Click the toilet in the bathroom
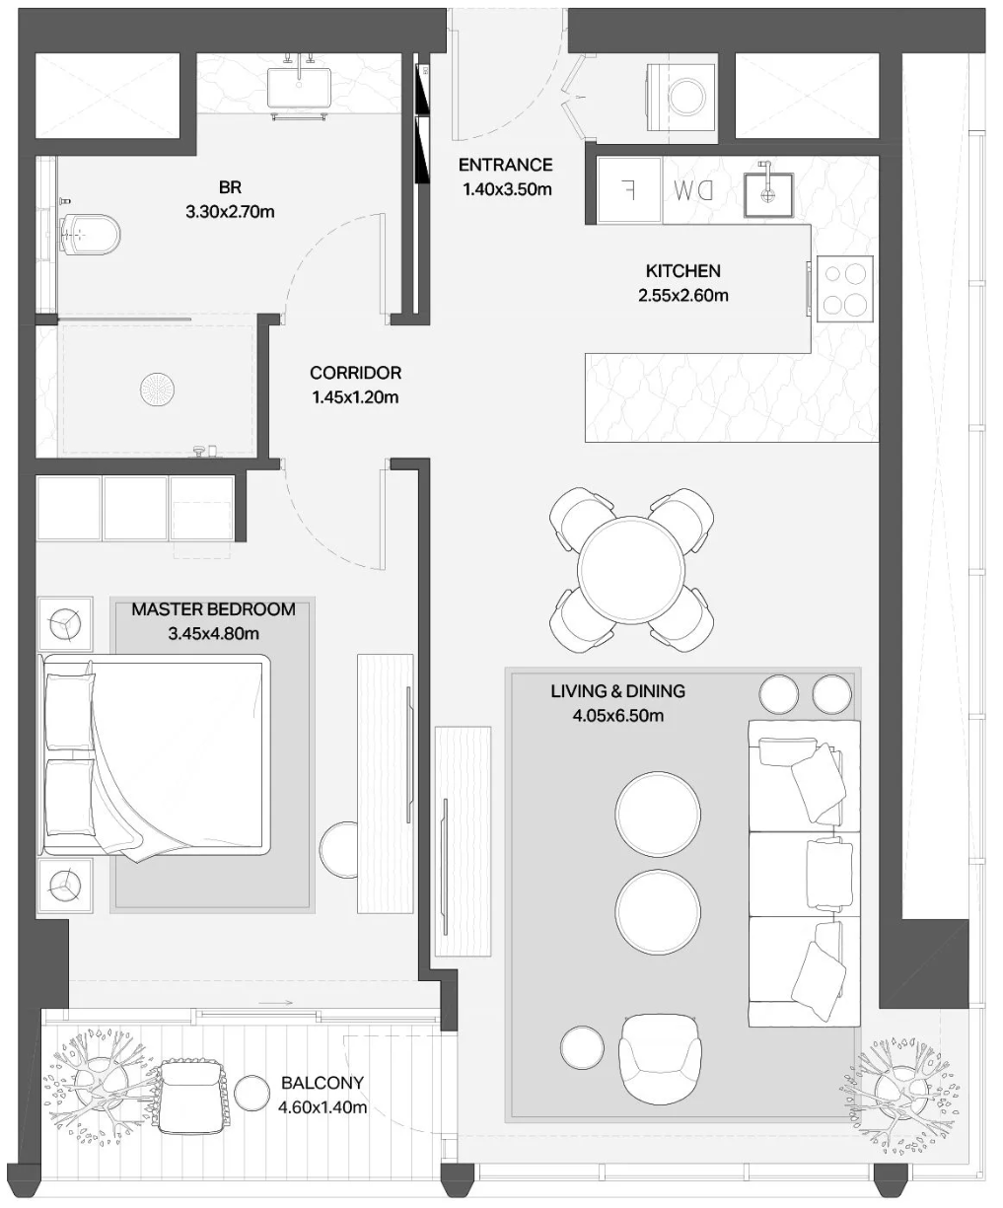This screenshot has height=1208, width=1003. tap(90, 235)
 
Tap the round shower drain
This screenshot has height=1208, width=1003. tap(158, 389)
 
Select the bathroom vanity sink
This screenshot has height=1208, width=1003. tap(299, 88)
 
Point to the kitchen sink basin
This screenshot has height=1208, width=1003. tap(768, 194)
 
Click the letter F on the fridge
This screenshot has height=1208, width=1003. tap(627, 189)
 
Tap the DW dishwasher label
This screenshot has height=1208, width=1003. tap(693, 190)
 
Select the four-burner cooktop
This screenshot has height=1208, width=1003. tap(844, 289)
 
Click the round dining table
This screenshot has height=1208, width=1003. tap(631, 570)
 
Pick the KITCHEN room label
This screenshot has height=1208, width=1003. tap(682, 271)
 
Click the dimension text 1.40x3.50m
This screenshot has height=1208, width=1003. tap(507, 189)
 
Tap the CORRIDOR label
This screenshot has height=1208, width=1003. tap(355, 373)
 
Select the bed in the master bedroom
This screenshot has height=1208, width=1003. tap(155, 757)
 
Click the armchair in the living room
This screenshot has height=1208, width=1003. tap(660, 1062)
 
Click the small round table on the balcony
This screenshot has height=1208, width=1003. tap(252, 1093)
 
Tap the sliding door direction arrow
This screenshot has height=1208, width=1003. tap(276, 1003)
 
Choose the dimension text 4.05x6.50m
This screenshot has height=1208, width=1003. tap(618, 716)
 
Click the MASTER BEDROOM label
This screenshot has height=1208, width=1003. tap(214, 609)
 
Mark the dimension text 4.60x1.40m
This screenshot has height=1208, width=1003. tap(322, 1107)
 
